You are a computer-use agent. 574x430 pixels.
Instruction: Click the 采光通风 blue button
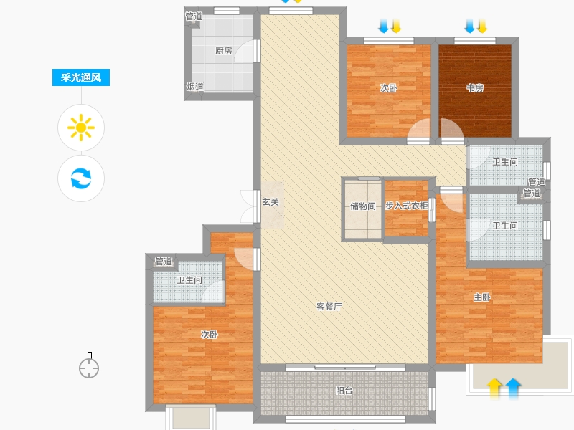tap(81, 77)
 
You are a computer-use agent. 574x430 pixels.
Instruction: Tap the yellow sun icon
tap(81, 128)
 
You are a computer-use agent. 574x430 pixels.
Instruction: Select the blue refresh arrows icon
tap(81, 178)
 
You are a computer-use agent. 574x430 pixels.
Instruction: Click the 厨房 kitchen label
tap(223, 51)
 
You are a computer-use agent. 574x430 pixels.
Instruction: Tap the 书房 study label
tap(475, 87)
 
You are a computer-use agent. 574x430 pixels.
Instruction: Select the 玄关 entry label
tap(270, 202)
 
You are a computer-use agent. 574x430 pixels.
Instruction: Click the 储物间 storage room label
tap(363, 206)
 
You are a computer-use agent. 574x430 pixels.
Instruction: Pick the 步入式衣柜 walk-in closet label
tap(407, 206)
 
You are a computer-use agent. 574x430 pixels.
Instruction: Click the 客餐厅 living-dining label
tap(329, 307)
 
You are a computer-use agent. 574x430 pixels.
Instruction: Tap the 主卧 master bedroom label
tap(481, 297)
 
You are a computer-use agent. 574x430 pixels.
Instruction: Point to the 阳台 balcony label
tap(344, 391)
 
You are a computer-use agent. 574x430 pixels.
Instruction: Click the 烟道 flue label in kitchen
tap(194, 87)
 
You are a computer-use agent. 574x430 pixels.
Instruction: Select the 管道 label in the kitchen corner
tap(194, 16)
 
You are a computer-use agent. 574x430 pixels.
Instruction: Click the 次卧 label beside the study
tap(388, 87)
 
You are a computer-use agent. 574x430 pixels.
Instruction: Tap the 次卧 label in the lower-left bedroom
tap(209, 334)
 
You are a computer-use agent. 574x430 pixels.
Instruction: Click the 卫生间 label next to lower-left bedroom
tap(189, 280)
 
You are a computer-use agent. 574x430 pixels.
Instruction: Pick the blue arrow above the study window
tap(470, 26)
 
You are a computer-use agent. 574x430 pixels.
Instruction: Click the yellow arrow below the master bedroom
tap(494, 388)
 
